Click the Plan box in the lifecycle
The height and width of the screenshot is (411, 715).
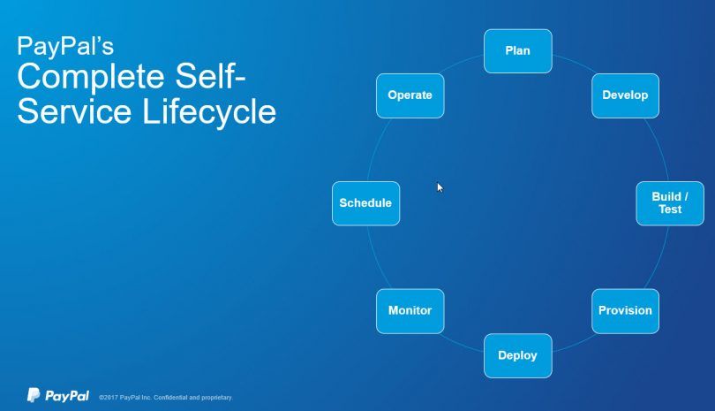(518, 51)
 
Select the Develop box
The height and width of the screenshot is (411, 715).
(625, 95)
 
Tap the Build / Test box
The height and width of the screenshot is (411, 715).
(670, 203)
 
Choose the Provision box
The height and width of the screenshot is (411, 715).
(625, 311)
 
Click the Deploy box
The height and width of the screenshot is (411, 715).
(518, 355)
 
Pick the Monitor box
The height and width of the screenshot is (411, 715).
(410, 311)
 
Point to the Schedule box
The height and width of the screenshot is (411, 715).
(365, 203)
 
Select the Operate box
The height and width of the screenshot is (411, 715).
(410, 95)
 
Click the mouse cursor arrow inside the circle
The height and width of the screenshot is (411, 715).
(440, 187)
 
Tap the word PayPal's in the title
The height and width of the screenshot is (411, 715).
(65, 46)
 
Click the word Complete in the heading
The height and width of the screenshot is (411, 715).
(91, 77)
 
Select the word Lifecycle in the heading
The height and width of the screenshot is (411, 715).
(209, 112)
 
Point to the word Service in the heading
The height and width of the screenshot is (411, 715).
(74, 112)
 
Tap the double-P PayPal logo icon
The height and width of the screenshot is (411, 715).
(34, 395)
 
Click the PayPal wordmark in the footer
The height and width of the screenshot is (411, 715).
(67, 396)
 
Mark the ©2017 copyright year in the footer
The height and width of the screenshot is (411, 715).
(109, 398)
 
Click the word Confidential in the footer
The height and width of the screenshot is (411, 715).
(170, 398)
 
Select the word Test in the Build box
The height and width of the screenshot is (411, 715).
(670, 209)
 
